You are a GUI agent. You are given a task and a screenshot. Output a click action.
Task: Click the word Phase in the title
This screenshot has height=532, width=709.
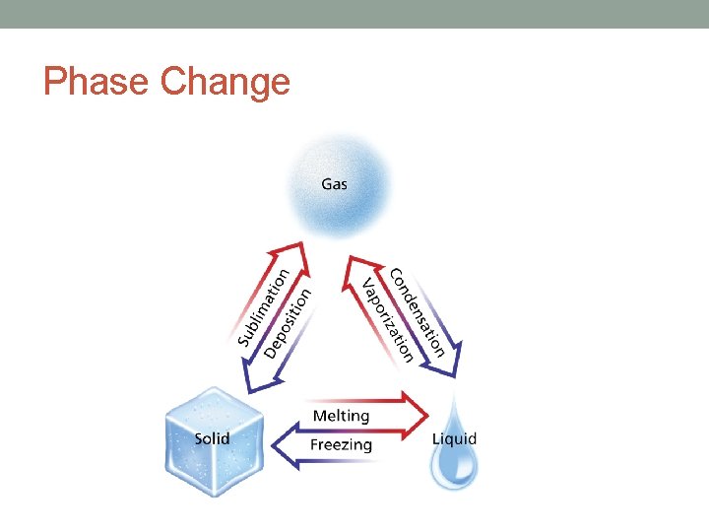97,82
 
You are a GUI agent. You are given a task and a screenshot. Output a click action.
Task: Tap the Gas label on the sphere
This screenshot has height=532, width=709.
334,184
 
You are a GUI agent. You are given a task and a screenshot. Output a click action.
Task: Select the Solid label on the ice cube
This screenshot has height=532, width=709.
212,437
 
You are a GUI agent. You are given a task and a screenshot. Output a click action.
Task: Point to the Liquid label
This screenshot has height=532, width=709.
454,438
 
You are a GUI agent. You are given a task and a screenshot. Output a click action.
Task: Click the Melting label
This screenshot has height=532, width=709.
341,416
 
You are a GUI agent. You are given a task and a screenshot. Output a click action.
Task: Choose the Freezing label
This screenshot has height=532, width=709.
341,445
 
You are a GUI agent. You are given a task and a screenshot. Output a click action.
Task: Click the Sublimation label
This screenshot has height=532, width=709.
263,307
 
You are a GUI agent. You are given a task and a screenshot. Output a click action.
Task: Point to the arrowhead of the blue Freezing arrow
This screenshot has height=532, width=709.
281,448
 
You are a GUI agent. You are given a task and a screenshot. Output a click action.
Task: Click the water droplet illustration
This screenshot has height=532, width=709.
454,463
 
